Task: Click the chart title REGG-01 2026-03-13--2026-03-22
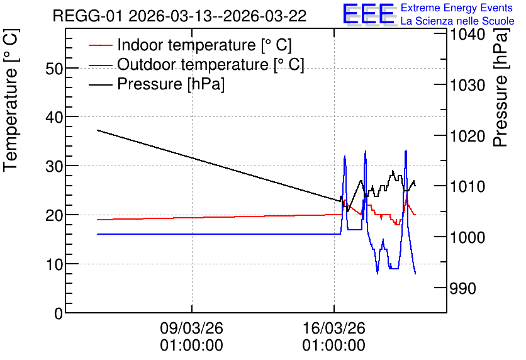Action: (x=179, y=16)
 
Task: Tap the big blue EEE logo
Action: (x=369, y=14)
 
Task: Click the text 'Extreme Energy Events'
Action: (x=457, y=8)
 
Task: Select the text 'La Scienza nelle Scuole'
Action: (x=457, y=21)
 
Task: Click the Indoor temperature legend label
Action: (x=204, y=45)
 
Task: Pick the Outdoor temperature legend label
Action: (x=211, y=64)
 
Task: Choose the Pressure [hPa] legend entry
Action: (x=171, y=84)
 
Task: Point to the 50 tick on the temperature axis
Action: (x=54, y=69)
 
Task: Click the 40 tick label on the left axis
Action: (x=54, y=118)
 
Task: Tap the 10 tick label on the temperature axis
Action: (x=54, y=265)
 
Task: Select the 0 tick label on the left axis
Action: (x=59, y=313)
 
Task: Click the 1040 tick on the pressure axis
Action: (x=467, y=34)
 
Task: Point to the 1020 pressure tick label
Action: (x=467, y=136)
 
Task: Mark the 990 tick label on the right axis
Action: (x=462, y=288)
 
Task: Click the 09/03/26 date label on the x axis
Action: (x=191, y=328)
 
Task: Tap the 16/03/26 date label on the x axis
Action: (x=333, y=328)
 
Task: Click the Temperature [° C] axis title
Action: (x=11, y=100)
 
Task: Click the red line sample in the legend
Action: (x=100, y=45)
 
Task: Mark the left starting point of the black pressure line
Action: (x=98, y=130)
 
